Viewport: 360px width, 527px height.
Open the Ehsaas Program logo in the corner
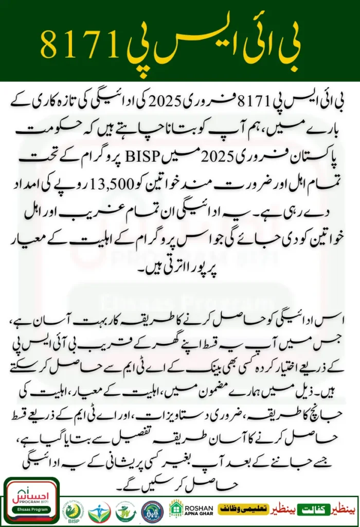coord(31,502)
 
